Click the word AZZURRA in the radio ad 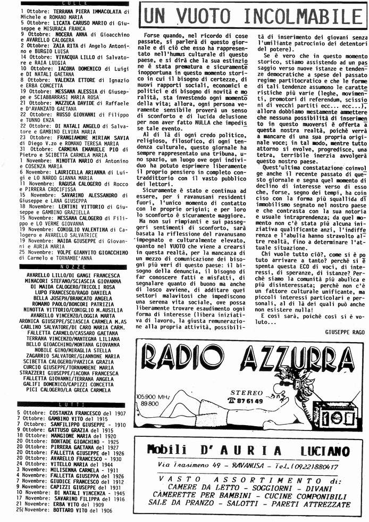[292, 364]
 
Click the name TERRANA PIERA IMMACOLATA [85, 11]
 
